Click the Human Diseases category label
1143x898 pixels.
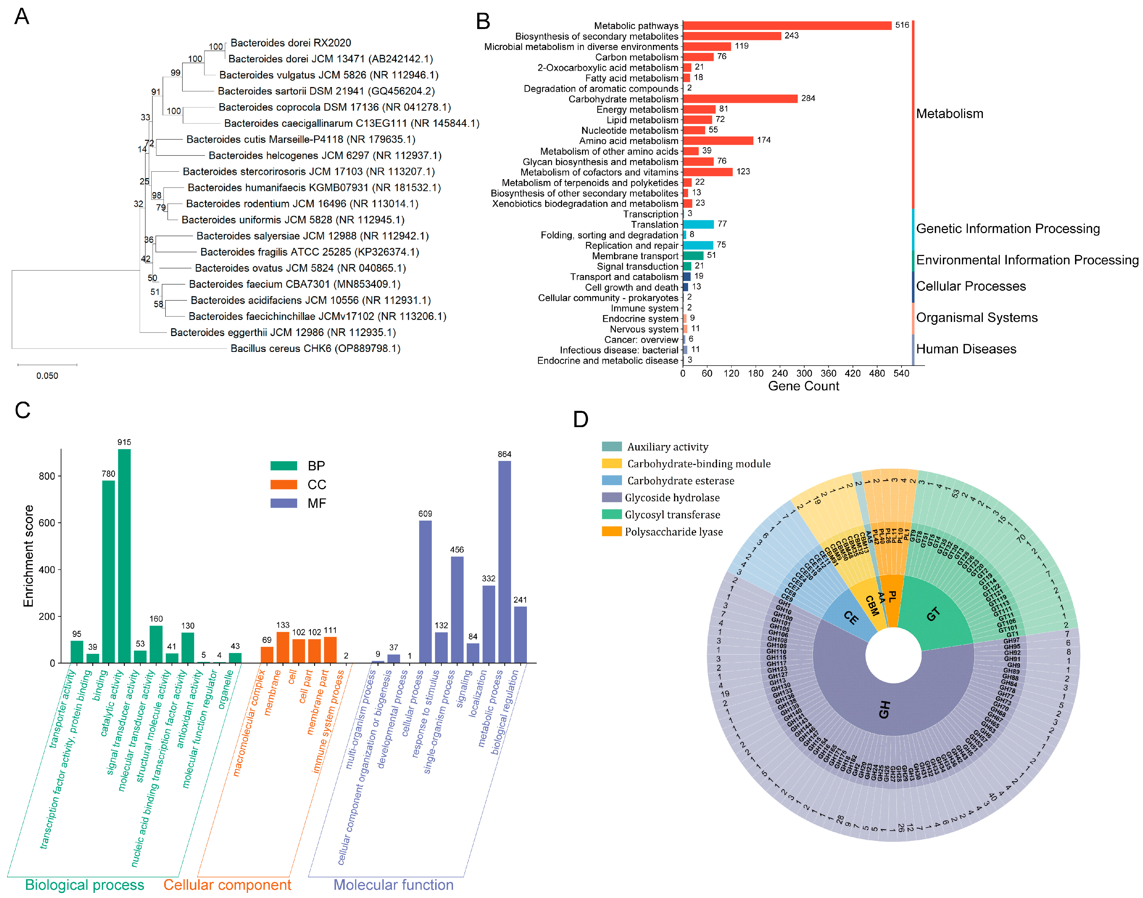click(966, 349)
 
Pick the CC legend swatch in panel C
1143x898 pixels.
click(284, 484)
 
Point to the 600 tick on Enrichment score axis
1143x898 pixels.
click(46, 523)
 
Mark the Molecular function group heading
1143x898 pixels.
click(393, 885)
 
